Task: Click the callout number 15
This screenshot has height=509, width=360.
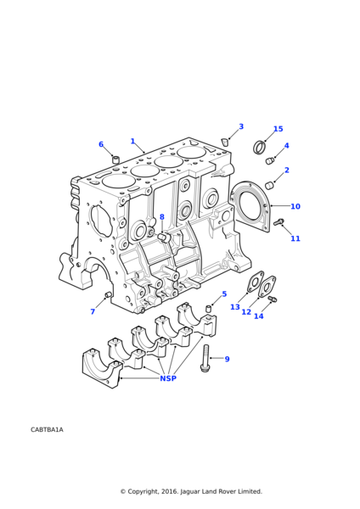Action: [x=278, y=129]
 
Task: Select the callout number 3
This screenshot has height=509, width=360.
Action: [x=241, y=126]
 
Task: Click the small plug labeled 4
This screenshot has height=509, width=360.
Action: [x=270, y=160]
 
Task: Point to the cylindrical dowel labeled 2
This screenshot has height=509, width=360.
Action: [x=270, y=185]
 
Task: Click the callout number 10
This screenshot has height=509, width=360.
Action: [x=295, y=206]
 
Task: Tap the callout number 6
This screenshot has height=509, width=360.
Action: [x=101, y=144]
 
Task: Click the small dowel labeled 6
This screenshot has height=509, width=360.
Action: [x=116, y=159]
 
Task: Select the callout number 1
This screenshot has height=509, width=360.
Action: [x=132, y=141]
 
